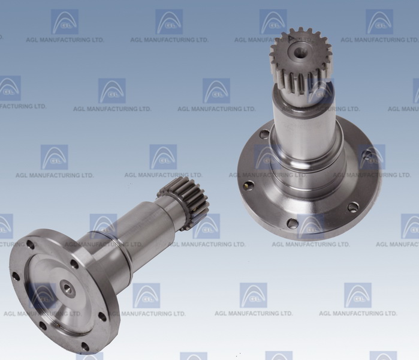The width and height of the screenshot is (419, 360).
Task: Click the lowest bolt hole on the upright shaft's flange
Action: tap(292, 224)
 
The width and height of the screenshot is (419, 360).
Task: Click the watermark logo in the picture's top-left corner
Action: tap(64, 22)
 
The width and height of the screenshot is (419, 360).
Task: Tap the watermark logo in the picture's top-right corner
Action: tap(379, 22)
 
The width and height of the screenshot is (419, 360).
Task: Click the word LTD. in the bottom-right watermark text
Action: tap(387, 313)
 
